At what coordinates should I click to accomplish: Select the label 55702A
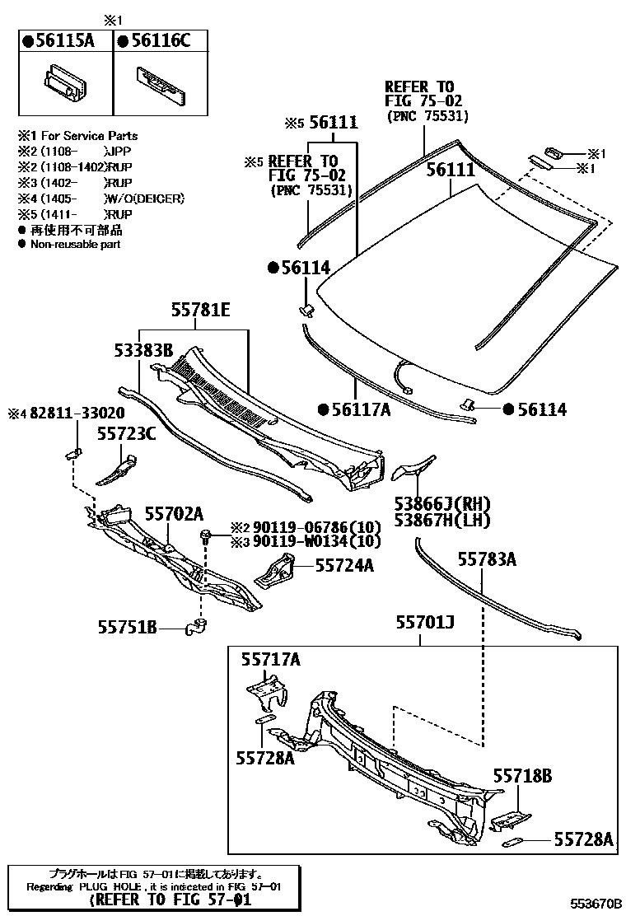(174, 513)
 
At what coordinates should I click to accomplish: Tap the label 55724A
(345, 565)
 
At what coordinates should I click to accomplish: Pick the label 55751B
(128, 629)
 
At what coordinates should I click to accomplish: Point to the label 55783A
(487, 560)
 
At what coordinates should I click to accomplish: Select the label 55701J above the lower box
(425, 623)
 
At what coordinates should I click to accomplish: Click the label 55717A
(270, 658)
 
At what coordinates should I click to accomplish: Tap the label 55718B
(522, 775)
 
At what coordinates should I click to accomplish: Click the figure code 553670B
(592, 904)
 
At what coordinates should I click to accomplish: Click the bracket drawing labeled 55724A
(277, 570)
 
